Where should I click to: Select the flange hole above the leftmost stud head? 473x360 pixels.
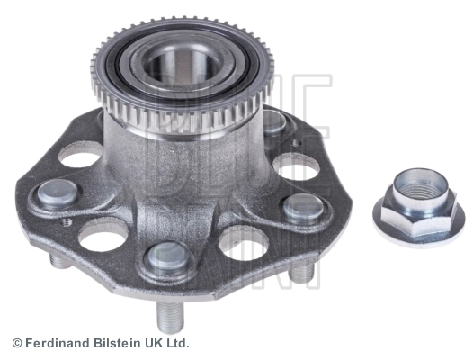click(x=80, y=157)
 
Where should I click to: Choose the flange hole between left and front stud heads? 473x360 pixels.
click(x=103, y=236)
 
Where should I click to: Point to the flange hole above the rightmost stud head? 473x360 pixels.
click(x=292, y=167)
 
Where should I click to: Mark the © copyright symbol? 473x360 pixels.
click(x=16, y=344)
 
